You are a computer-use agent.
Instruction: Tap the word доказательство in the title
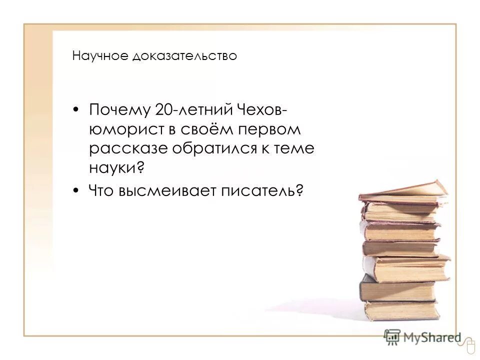click(184, 55)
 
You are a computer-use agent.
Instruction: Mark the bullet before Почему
click(76, 110)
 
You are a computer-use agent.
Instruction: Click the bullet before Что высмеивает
click(76, 190)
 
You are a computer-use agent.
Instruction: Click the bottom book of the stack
click(402, 310)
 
